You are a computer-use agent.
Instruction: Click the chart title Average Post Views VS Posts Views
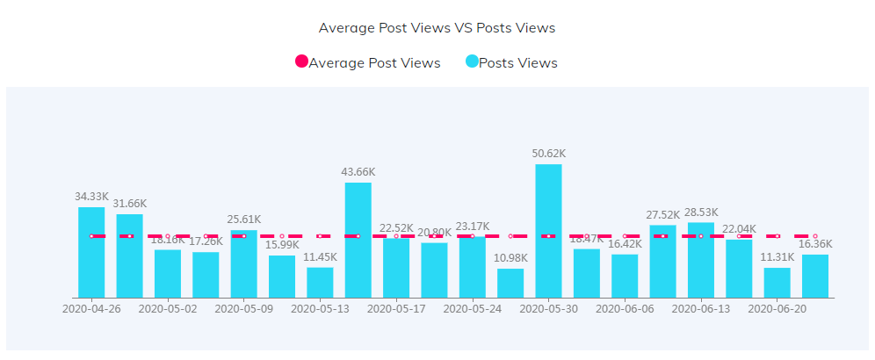coord(437,27)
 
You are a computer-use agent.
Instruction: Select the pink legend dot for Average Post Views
coord(301,62)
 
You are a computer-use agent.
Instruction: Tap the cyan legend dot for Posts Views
coord(472,62)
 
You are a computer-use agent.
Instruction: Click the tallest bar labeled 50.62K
coord(548,231)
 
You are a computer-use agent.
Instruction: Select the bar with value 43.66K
coord(358,240)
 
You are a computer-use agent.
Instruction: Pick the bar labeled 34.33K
coord(91,252)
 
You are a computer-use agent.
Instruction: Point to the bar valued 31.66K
coord(129,256)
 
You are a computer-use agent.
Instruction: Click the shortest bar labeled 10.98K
coord(510,283)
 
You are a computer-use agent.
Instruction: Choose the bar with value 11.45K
coord(320,283)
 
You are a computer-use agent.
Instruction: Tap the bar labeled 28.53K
coord(701,260)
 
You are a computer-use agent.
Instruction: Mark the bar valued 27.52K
coord(663,261)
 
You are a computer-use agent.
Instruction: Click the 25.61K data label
coord(244,220)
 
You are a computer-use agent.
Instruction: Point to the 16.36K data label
coord(815,244)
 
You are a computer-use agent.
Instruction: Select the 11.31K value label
coord(777,257)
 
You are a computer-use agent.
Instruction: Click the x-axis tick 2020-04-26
coord(91,309)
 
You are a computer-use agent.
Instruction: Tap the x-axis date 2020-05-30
coord(548,309)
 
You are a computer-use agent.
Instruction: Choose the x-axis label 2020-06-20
coord(777,309)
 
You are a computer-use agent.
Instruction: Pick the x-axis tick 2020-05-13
coord(320,309)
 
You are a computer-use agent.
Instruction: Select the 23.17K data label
coord(473,226)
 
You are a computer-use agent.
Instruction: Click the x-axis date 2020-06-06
coord(625,309)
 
